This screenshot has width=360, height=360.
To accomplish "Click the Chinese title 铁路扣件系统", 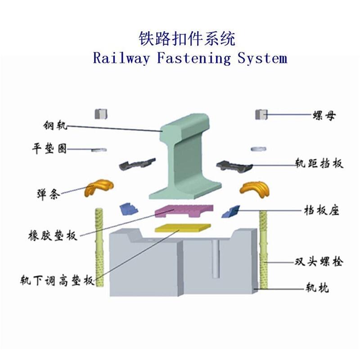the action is pyautogui.click(x=187, y=39).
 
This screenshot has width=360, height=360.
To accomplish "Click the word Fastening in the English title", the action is pyautogui.click(x=194, y=58).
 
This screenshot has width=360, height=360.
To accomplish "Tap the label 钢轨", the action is pyautogui.click(x=55, y=126).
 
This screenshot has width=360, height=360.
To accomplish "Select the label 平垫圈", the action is pyautogui.click(x=49, y=148).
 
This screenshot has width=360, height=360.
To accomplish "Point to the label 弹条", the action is pyautogui.click(x=48, y=194).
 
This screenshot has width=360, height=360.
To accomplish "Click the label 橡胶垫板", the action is pyautogui.click(x=53, y=235).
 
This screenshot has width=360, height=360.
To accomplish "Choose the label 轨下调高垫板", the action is pyautogui.click(x=57, y=280).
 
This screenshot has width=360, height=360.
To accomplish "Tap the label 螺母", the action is pyautogui.click(x=324, y=116).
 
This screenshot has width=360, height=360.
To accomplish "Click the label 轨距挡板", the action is pyautogui.click(x=319, y=163).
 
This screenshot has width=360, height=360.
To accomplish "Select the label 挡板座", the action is pyautogui.click(x=321, y=210).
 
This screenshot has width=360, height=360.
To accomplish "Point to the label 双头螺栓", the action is pyautogui.click(x=319, y=262).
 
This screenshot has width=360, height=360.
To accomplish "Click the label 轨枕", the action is pyautogui.click(x=317, y=288).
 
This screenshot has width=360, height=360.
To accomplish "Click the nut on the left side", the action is pyautogui.click(x=101, y=114).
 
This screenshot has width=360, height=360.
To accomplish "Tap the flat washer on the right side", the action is pyautogui.click(x=258, y=149).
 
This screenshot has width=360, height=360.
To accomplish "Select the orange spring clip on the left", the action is pyautogui.click(x=99, y=187).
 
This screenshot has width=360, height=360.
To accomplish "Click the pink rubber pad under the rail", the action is pyautogui.click(x=184, y=211).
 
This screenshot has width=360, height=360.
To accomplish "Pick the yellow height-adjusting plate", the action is pyautogui.click(x=183, y=228).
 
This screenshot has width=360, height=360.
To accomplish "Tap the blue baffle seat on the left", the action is pyautogui.click(x=129, y=209).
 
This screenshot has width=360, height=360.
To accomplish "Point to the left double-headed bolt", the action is pyautogui.click(x=99, y=247).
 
